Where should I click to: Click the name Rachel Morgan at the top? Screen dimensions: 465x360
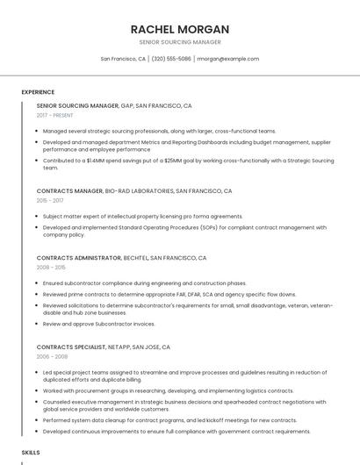point(180,29)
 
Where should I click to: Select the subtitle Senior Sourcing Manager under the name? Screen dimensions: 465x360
point(180,42)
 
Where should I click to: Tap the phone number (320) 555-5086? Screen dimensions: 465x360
point(171,59)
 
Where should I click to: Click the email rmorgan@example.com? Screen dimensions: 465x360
point(228,59)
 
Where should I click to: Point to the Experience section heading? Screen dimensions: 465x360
point(38,92)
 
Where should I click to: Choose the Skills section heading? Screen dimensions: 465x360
point(31,452)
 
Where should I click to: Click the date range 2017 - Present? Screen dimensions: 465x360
point(55,115)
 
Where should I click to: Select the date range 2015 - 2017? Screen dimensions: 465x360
point(50,200)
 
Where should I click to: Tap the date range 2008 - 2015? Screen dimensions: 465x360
point(51,267)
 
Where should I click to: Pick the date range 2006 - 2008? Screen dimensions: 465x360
point(51,356)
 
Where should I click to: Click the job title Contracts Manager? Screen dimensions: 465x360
point(69,190)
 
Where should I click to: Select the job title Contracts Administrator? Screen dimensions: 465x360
point(79,258)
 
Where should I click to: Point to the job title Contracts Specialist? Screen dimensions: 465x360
point(74,347)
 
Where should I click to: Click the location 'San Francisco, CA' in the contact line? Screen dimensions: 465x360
point(123,59)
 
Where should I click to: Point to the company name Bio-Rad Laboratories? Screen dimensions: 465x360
point(139,190)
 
